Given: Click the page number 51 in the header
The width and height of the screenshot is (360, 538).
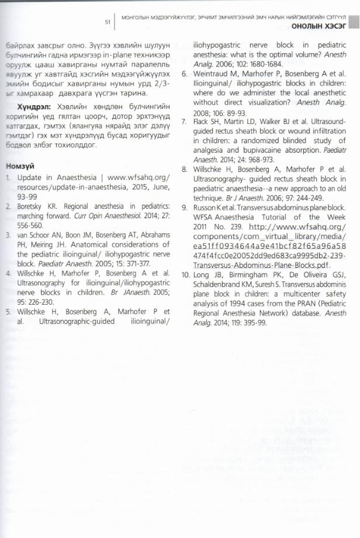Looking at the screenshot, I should pos(108,22).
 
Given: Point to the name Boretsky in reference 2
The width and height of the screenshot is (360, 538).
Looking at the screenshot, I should pos(33,207).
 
